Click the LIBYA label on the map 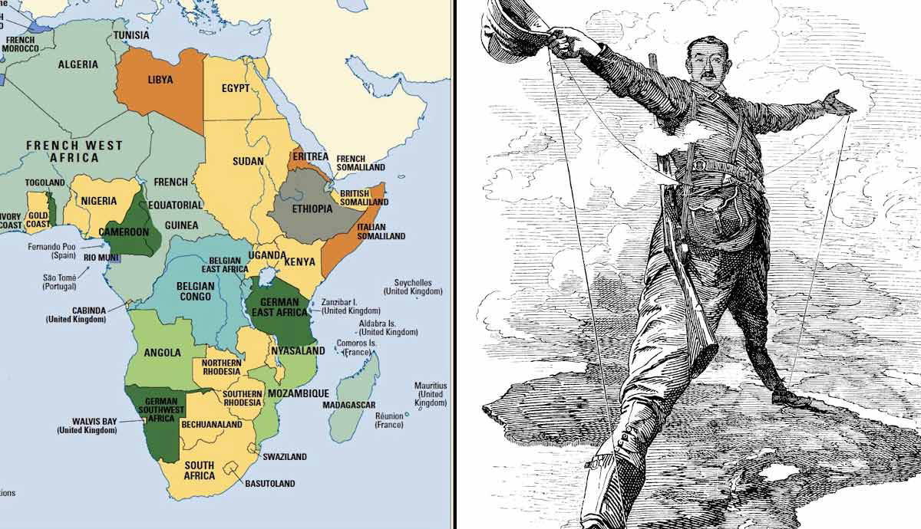click(x=160, y=80)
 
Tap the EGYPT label click(x=236, y=88)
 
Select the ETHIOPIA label click(x=312, y=209)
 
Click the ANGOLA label click(x=163, y=353)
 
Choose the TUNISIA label click(x=131, y=35)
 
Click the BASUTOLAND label click(x=270, y=484)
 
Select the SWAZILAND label click(x=285, y=457)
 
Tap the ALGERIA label click(x=78, y=64)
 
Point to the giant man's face click(x=706, y=63)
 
